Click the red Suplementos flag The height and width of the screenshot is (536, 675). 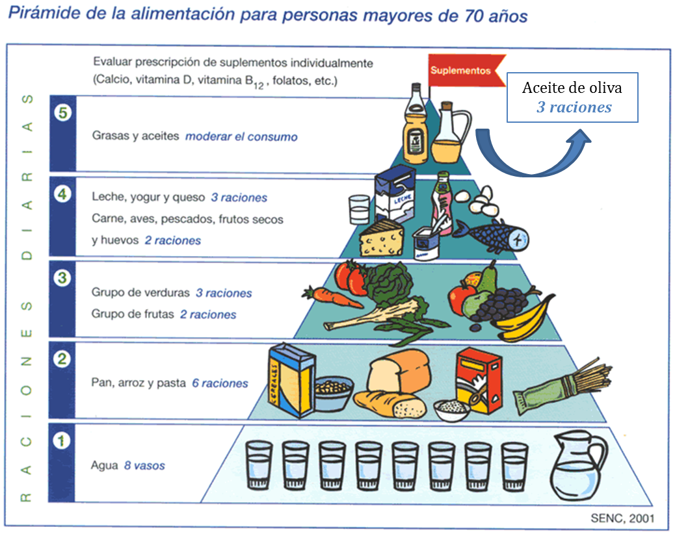(460, 70)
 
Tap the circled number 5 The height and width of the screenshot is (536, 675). (62, 112)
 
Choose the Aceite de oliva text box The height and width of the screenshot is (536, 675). (572, 97)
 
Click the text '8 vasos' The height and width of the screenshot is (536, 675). (144, 466)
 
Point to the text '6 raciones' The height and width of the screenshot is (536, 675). (220, 383)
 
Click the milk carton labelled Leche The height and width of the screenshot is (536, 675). (394, 194)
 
